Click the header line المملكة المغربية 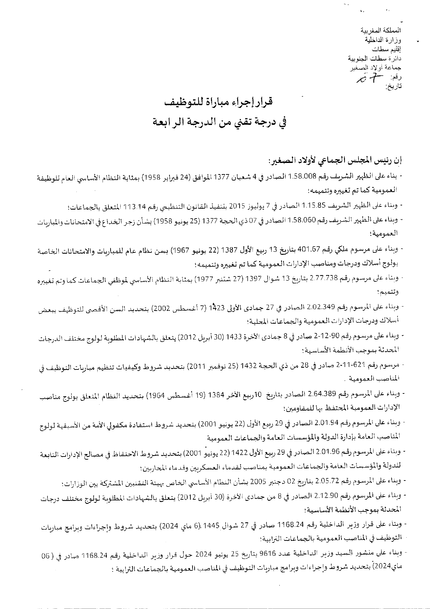tap(385, 31)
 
